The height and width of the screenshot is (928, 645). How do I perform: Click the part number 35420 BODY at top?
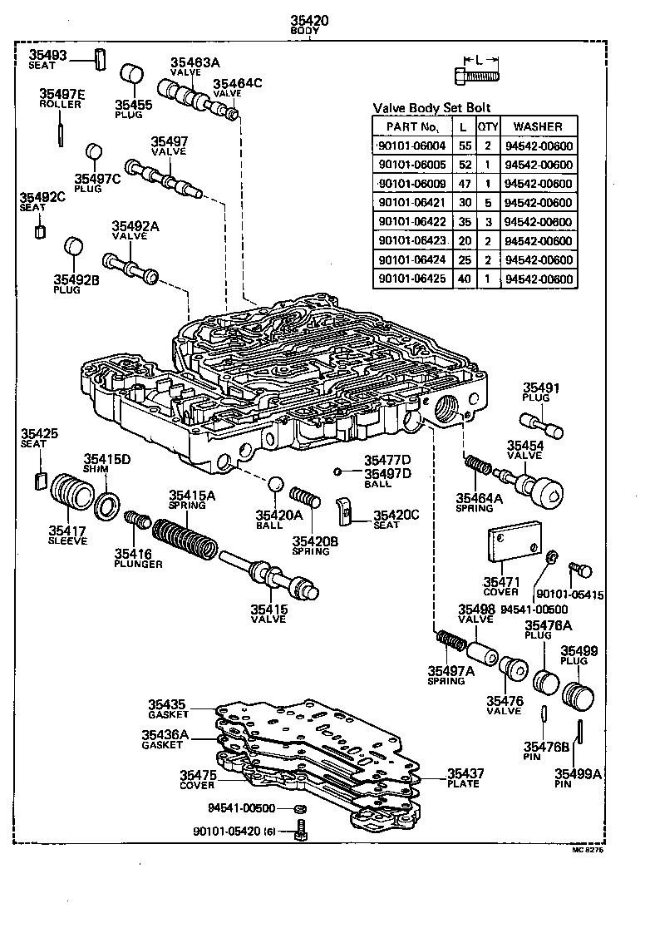tap(309, 23)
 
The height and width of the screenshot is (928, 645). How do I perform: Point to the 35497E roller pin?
tap(62, 131)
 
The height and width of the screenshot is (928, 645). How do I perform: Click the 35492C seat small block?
tap(38, 231)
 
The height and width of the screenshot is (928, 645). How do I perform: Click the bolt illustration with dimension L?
tap(477, 77)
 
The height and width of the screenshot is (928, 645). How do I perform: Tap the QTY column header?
tap(486, 126)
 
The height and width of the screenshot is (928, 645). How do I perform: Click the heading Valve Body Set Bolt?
tap(431, 107)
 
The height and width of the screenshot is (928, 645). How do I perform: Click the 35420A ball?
tap(276, 485)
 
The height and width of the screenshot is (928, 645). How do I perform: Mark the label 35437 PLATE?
tap(465, 778)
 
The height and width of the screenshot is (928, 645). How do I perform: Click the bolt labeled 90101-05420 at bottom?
tap(301, 830)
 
